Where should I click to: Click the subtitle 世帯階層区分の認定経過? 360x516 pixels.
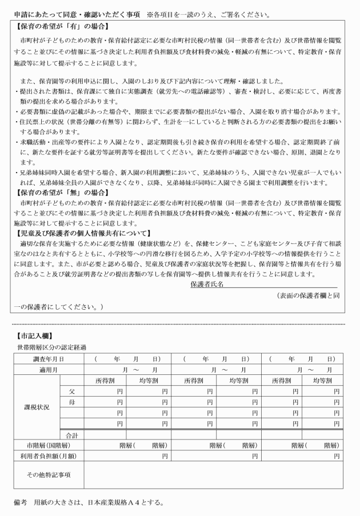51,347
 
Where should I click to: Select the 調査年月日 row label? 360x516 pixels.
48,359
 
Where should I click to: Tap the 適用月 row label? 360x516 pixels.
48,370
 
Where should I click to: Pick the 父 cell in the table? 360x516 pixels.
72,391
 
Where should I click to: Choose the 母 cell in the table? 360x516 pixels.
72,402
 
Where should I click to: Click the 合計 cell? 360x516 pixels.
72,435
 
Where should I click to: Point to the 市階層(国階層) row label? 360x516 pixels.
48,445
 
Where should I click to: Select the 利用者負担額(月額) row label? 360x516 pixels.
48,456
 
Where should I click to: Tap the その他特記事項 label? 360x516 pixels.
48,474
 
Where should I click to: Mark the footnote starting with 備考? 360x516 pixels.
89,503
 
